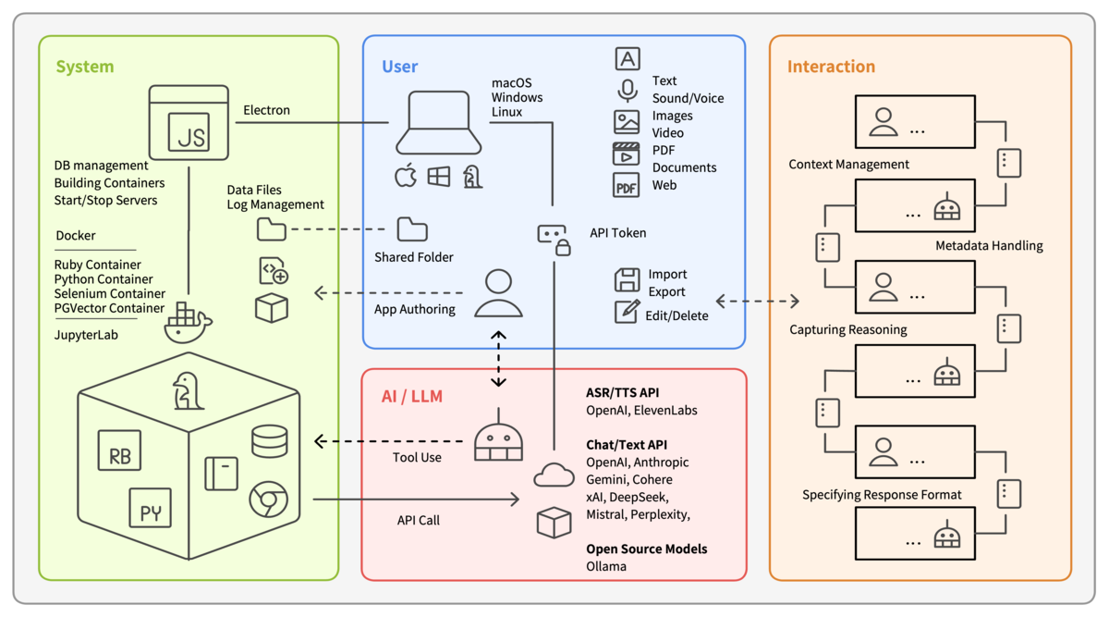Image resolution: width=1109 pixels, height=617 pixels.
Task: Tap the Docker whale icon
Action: pyautogui.click(x=188, y=323)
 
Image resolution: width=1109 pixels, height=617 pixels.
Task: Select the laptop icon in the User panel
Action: pyautogui.click(x=438, y=123)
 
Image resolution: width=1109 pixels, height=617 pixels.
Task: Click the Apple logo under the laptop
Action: pyautogui.click(x=406, y=176)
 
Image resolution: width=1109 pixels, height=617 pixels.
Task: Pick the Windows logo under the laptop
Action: pyautogui.click(x=439, y=176)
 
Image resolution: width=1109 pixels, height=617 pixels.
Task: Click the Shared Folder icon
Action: pyautogui.click(x=412, y=228)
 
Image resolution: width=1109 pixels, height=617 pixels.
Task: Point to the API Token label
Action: pyautogui.click(x=617, y=233)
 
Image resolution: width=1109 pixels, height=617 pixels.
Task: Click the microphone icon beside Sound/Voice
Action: pyautogui.click(x=627, y=91)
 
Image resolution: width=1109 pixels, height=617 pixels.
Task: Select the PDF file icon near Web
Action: pyautogui.click(x=627, y=185)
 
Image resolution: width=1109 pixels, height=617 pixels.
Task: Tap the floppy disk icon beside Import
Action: pyautogui.click(x=627, y=279)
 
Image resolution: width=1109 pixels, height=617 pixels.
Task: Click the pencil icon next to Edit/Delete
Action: pyautogui.click(x=627, y=311)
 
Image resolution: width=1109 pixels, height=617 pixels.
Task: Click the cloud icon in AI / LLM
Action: pyautogui.click(x=554, y=475)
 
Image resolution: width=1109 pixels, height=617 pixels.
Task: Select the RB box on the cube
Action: pyautogui.click(x=119, y=450)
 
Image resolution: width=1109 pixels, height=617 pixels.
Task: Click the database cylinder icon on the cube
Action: pyautogui.click(x=269, y=441)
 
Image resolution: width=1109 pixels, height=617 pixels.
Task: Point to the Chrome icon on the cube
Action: pyautogui.click(x=268, y=500)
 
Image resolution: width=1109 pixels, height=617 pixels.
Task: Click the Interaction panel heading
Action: pyautogui.click(x=830, y=67)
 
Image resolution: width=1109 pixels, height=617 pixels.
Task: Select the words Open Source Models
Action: pyautogui.click(x=646, y=549)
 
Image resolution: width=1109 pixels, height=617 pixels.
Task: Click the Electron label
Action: pyautogui.click(x=266, y=110)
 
